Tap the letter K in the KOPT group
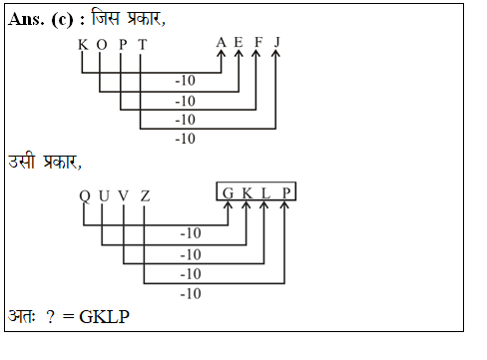point(82,45)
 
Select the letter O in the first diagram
point(100,45)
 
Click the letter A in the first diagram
point(221,42)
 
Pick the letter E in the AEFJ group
point(239,42)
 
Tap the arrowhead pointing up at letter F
point(256,56)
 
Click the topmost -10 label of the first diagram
point(185,79)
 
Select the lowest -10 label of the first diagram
point(185,139)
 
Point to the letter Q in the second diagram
point(85,195)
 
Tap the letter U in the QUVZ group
point(104,195)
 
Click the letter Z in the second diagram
point(145,195)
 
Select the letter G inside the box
point(229,191)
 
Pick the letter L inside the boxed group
point(265,191)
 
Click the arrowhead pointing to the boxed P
point(284,206)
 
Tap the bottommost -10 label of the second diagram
point(189,293)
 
